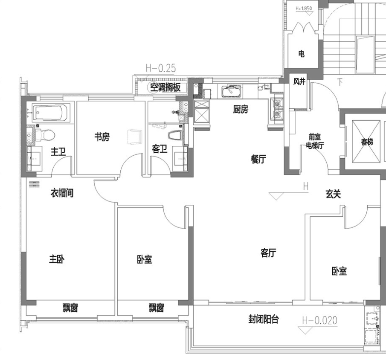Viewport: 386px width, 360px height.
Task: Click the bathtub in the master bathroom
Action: click(x=51, y=113)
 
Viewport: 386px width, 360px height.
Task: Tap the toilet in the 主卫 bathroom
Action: click(x=45, y=135)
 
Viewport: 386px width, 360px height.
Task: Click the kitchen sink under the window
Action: click(x=231, y=92)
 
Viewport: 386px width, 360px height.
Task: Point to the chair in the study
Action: click(x=135, y=136)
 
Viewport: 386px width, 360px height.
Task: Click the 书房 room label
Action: click(x=102, y=136)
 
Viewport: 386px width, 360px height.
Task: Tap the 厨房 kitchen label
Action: click(x=241, y=109)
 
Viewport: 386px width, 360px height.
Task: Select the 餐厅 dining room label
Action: click(x=258, y=160)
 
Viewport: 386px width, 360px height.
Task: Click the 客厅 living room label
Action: click(x=268, y=253)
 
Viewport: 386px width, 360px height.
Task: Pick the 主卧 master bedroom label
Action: click(x=57, y=259)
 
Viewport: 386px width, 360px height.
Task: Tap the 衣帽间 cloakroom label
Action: click(x=62, y=193)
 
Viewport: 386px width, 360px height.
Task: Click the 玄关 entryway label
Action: click(x=333, y=194)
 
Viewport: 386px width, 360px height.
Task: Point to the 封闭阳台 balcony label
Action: click(x=264, y=319)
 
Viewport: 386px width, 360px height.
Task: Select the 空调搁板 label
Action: click(x=165, y=87)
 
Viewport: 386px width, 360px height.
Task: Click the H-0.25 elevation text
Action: click(x=161, y=68)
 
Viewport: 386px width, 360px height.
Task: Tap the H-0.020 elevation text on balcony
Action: click(x=320, y=320)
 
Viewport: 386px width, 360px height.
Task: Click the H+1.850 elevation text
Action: click(x=304, y=9)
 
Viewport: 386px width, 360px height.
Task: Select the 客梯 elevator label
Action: click(x=367, y=142)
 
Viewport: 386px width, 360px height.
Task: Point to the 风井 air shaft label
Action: click(x=299, y=81)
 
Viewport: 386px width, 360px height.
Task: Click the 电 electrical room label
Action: click(x=301, y=53)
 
